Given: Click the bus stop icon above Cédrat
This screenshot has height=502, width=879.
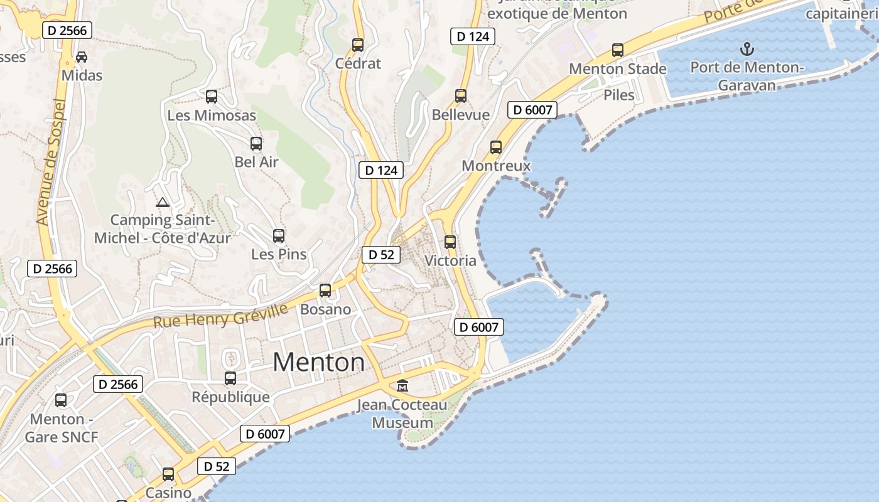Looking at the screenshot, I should click(x=358, y=45).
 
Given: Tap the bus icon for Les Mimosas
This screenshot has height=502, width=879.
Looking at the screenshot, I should click(x=212, y=97).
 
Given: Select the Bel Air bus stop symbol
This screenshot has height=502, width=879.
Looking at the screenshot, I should click(x=256, y=144).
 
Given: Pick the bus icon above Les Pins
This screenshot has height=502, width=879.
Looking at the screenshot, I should click(x=279, y=236).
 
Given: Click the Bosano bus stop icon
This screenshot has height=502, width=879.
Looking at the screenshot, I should click(x=325, y=291).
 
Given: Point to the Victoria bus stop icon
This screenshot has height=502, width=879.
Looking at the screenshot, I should click(x=450, y=242).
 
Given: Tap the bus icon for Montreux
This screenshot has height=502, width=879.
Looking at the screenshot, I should click(x=496, y=147).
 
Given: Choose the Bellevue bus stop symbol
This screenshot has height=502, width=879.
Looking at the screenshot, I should click(x=461, y=96).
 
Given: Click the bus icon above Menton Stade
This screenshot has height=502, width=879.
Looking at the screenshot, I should click(x=618, y=50).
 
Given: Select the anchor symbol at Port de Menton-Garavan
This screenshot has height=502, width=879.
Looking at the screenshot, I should click(x=747, y=48).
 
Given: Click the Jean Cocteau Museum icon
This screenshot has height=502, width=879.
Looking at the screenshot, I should click(x=402, y=385).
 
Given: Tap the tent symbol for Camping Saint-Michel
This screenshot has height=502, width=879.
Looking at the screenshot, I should click(x=163, y=202).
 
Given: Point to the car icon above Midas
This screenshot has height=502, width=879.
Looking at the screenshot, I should click(x=82, y=57).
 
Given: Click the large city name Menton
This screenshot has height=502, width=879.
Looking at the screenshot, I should click(x=319, y=363).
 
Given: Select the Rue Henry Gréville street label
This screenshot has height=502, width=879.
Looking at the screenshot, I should click(x=220, y=316).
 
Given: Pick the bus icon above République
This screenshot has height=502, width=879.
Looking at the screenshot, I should click(x=230, y=378).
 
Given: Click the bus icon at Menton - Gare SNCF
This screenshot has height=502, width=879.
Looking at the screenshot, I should click(x=61, y=400).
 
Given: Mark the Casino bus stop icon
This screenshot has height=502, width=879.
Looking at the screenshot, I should click(x=168, y=474).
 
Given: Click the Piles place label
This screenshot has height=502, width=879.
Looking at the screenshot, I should click(x=619, y=95).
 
